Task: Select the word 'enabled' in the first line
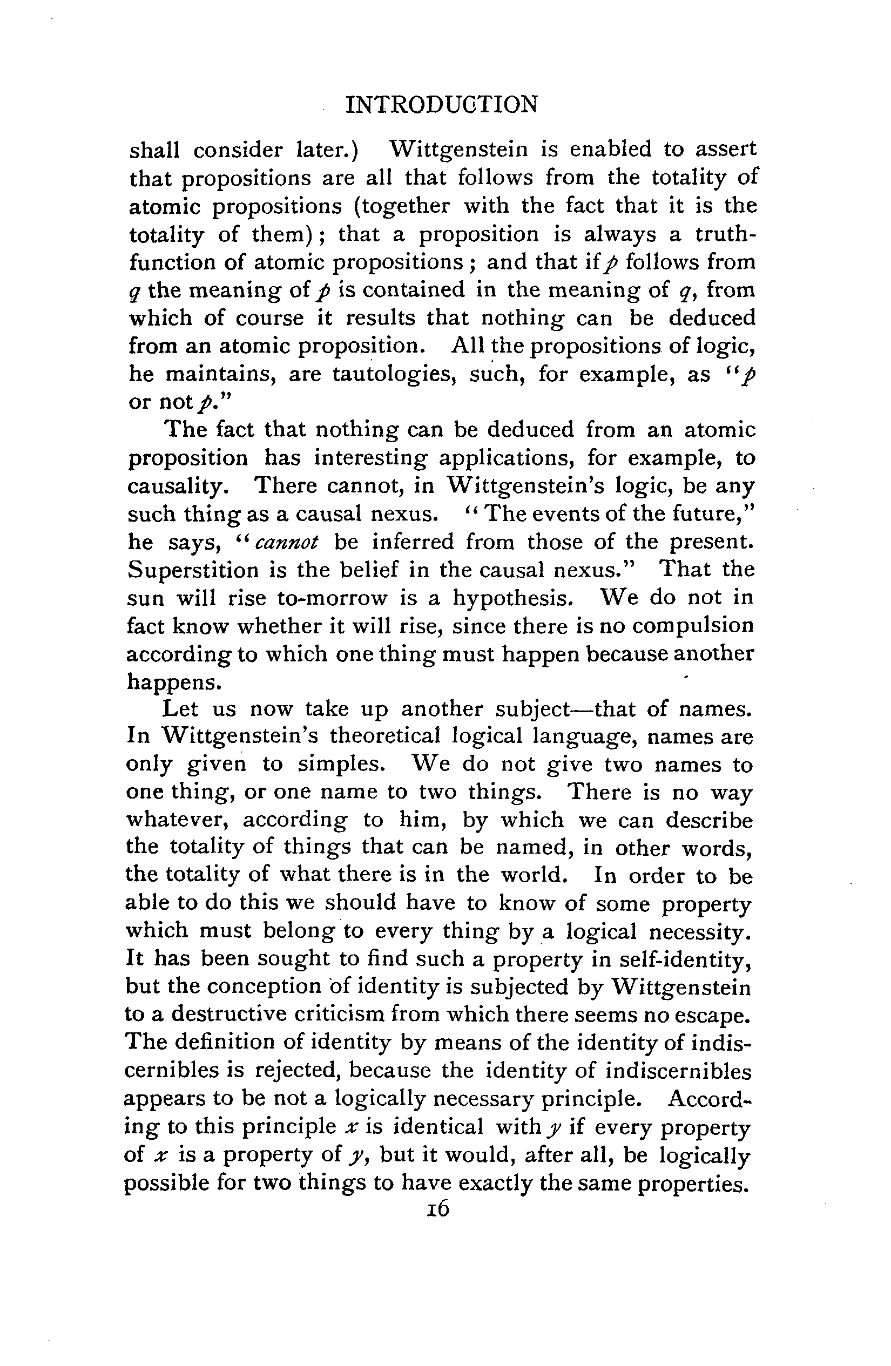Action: pos(610,149)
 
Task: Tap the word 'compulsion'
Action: pos(692,626)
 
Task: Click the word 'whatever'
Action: pos(178,821)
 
